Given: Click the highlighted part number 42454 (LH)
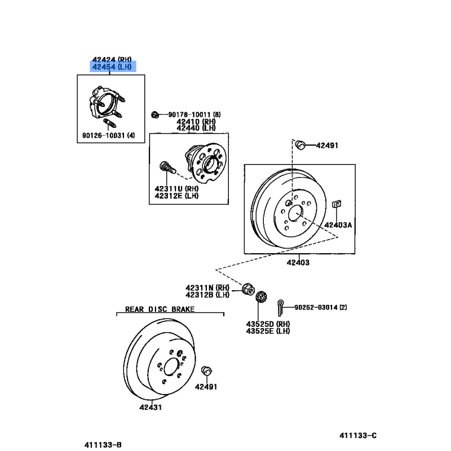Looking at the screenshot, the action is coord(112,67).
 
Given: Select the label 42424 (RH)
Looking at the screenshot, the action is coord(112,60).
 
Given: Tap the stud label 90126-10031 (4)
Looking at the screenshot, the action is coord(108,135).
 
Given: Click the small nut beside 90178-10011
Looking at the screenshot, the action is coord(155,115).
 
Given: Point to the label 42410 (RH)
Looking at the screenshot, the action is coord(196,121).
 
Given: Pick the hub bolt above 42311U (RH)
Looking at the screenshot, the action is coord(167,167).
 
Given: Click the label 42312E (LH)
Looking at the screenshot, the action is coord(176,196).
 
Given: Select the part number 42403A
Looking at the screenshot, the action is coord(338,225).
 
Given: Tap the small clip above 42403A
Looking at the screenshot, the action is coord(337,204).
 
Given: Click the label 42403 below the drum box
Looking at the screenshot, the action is coord(298,262).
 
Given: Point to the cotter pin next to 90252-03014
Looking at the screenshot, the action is coord(280,307).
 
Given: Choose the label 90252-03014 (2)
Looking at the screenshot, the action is coord(321,307).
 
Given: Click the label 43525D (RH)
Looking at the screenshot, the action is coord(268,324).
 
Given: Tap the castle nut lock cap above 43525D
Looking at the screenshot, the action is coord(262,297).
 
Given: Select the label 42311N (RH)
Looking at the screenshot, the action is coord(207,288).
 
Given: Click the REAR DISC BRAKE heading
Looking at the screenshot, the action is coord(160,309).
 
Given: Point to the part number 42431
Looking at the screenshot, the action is coord(151,407).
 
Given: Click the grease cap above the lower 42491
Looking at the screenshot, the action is coord(206,370).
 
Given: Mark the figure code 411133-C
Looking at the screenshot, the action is coord(358,435).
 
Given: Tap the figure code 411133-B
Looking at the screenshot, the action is coord(103,445).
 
